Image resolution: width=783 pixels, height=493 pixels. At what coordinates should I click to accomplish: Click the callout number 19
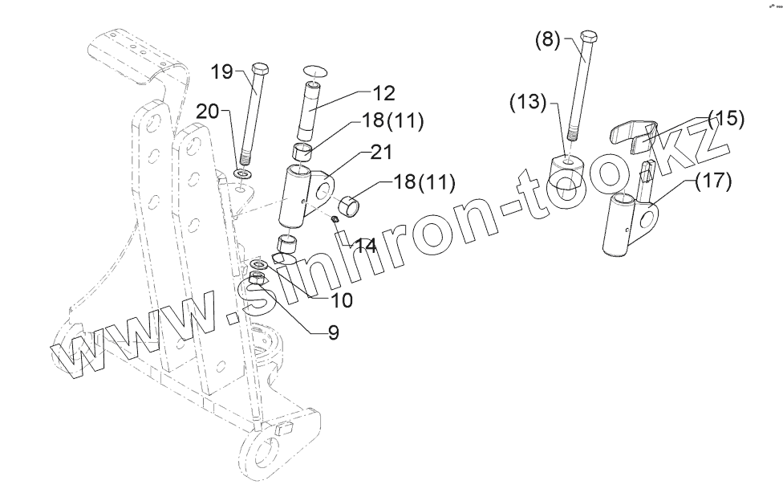pos(222,72)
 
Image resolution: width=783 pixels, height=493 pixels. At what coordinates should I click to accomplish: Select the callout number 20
pos(208,112)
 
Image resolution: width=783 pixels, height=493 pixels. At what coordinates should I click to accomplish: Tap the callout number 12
pos(384,93)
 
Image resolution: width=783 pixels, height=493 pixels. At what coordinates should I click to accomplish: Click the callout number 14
pos(366,246)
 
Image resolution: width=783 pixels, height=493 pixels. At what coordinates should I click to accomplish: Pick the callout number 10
pos(320,299)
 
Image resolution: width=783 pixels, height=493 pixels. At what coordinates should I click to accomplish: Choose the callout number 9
pos(333,331)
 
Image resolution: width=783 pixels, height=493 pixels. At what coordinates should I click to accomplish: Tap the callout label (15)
pos(724,120)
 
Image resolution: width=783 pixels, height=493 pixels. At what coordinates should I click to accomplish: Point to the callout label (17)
pos(713,181)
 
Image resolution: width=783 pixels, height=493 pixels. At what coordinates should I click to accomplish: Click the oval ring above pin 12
pos(315,70)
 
